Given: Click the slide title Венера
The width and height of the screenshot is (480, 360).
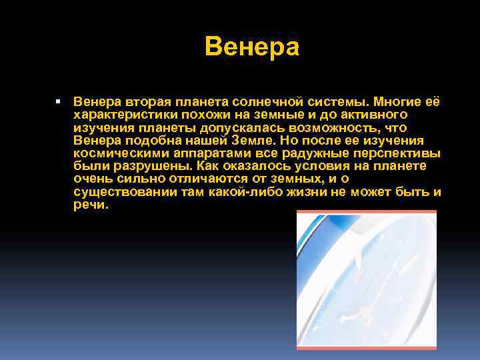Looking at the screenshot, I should tap(253, 47).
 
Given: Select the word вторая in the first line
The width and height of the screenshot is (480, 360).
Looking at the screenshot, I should tap(147, 103).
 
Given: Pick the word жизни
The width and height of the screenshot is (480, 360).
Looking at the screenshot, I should tap(313, 192).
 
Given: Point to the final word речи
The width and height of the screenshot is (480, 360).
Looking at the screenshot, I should tap(90, 205).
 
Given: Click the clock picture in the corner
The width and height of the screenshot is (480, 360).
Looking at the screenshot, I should tap(366, 279).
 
